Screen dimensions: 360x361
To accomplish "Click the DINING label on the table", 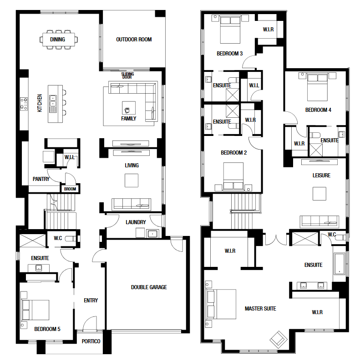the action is click(57, 40).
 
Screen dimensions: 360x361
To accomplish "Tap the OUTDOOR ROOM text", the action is click(134, 40).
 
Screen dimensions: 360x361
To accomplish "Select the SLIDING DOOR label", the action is click(127, 75).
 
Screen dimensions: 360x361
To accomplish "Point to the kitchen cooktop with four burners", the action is click(24, 104).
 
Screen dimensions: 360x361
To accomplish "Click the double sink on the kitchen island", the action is click(53, 101).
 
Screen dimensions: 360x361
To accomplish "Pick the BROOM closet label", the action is click(70, 189).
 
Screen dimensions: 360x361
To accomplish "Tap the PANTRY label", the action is click(41, 179).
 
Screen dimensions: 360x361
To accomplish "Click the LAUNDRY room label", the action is click(136, 222).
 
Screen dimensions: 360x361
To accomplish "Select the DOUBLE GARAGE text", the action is click(149, 287).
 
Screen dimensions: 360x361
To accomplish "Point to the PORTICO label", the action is click(91, 341).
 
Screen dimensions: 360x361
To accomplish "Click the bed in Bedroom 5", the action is click(35, 310).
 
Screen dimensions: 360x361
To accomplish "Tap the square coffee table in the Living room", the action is click(132, 180).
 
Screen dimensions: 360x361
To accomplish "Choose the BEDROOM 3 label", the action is click(229, 54).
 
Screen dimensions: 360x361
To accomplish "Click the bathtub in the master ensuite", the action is click(340, 264).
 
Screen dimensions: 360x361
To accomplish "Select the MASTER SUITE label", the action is click(260, 309).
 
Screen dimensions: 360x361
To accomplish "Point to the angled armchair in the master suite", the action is click(279, 340).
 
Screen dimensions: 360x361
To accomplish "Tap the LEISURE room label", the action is click(321, 175).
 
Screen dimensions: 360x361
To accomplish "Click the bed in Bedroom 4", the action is click(317, 87).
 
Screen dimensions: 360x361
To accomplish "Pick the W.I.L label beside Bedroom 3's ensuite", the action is click(254, 85).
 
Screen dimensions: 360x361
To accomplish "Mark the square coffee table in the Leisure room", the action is click(319, 194).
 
